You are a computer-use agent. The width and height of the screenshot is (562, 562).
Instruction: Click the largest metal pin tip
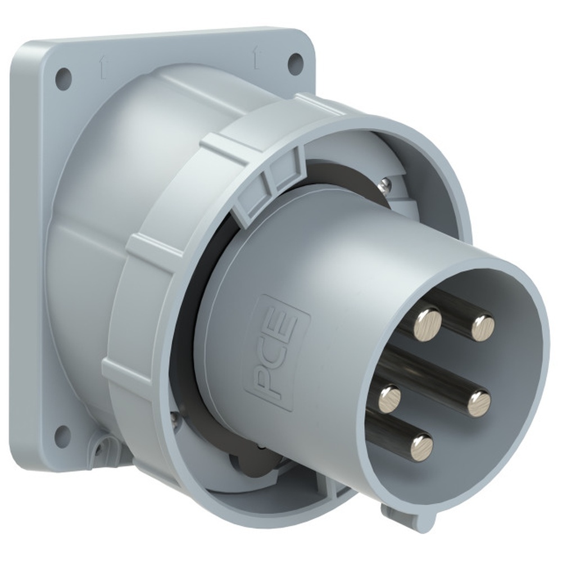tap(427, 325)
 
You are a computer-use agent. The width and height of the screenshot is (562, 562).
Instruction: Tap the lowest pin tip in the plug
tap(422, 448)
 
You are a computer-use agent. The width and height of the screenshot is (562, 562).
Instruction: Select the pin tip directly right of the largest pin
tap(483, 327)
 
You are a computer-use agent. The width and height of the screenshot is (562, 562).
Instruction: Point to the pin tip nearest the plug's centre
tap(479, 403)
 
